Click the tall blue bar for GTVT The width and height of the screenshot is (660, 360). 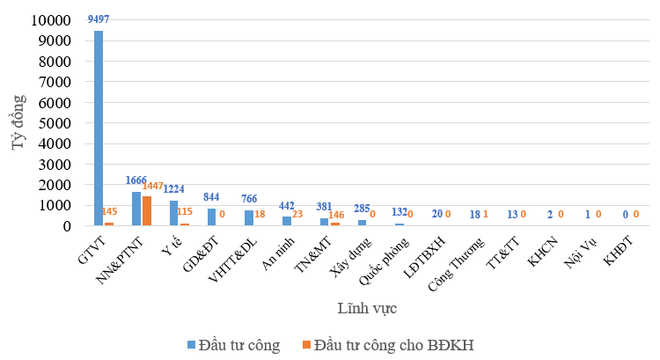click(x=98, y=128)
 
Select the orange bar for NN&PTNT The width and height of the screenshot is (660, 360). click(x=146, y=210)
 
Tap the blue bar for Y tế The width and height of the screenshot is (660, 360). click(x=174, y=213)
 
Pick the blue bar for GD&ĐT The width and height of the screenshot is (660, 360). click(x=211, y=217)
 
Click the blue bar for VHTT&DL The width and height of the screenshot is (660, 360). click(x=249, y=217)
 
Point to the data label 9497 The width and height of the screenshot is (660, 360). click(x=99, y=19)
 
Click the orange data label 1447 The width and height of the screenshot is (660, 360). click(x=152, y=186)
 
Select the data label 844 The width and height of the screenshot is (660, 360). click(x=211, y=196)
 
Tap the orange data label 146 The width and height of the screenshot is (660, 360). click(x=336, y=215)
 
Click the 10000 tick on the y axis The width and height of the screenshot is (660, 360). click(x=51, y=19)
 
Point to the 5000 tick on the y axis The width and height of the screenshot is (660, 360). click(x=55, y=123)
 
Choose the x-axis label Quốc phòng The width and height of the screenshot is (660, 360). click(x=384, y=261)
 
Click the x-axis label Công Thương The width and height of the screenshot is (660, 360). click(x=456, y=264)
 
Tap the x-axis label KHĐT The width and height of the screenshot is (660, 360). click(x=619, y=251)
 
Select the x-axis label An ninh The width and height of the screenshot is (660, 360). click(x=278, y=253)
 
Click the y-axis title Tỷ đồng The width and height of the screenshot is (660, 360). click(x=18, y=122)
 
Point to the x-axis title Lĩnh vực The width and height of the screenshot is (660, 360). click(x=367, y=308)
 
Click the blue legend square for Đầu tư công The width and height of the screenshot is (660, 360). click(x=192, y=344)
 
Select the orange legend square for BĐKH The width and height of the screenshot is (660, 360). click(x=306, y=344)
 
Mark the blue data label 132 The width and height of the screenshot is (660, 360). click(x=400, y=212)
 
